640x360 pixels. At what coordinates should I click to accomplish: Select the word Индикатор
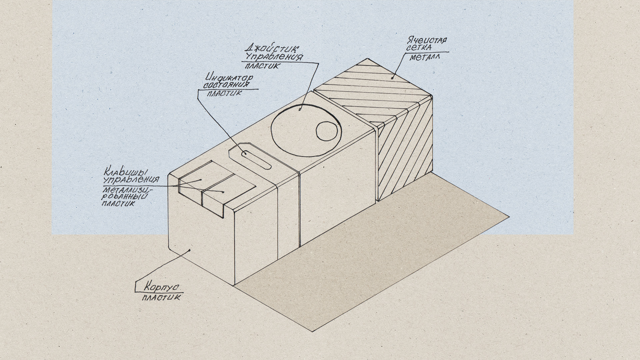pos(229,77)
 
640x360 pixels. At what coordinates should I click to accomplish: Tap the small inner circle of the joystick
pos(327,131)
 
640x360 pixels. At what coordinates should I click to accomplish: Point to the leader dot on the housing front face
pos(190,250)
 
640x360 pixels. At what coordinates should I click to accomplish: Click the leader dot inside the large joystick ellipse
pos(300,109)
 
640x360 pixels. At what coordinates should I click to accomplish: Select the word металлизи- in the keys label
pos(127,190)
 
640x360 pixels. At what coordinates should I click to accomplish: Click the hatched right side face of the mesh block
pos(405,153)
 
